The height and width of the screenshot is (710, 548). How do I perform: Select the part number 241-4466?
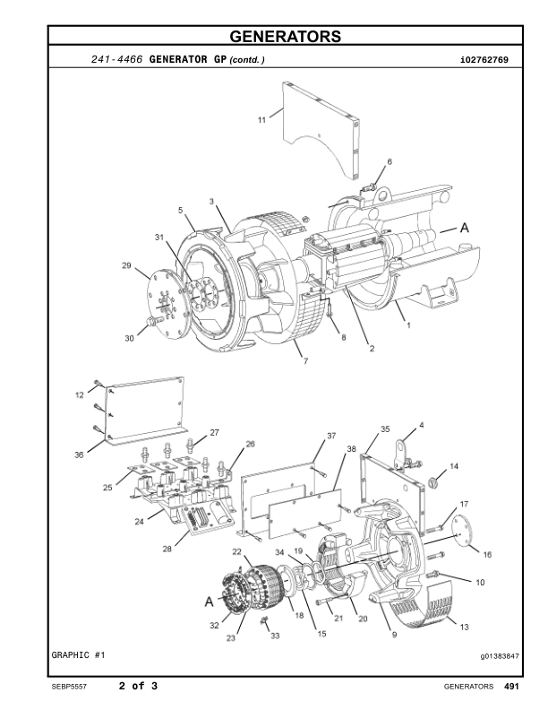coord(116,60)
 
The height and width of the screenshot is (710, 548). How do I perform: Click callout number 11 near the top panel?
coord(261,119)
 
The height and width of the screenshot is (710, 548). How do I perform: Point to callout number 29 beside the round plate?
coord(126,265)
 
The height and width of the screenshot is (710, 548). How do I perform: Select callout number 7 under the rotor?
coord(305,360)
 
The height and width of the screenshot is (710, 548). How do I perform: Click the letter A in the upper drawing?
coord(465,229)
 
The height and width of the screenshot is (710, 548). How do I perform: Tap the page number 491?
coord(512,687)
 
